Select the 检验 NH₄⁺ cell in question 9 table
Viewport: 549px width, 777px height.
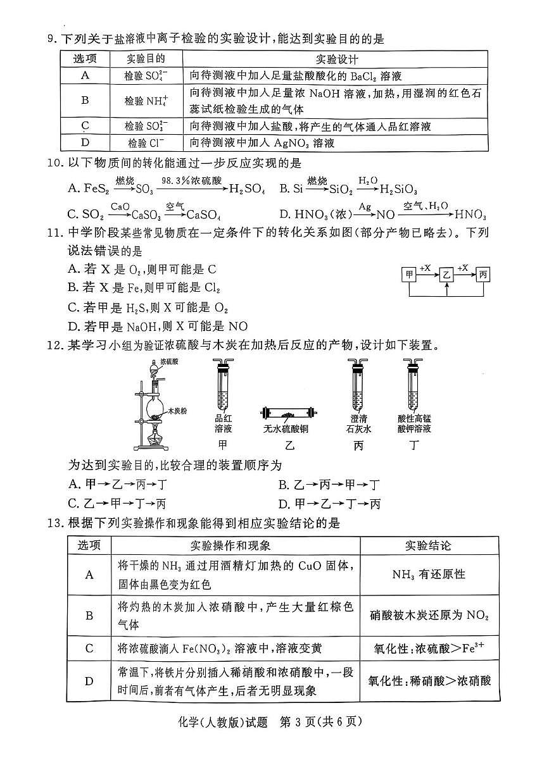tap(146, 101)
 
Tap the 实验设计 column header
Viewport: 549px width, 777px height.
tap(336, 59)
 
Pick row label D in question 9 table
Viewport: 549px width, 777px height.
tap(85, 142)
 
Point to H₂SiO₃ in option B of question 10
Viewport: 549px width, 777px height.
tap(398, 188)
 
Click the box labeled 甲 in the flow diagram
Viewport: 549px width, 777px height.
tap(410, 274)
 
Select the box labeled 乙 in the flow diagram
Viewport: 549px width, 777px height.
tap(447, 274)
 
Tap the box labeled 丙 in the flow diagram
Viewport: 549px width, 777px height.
tap(483, 274)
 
